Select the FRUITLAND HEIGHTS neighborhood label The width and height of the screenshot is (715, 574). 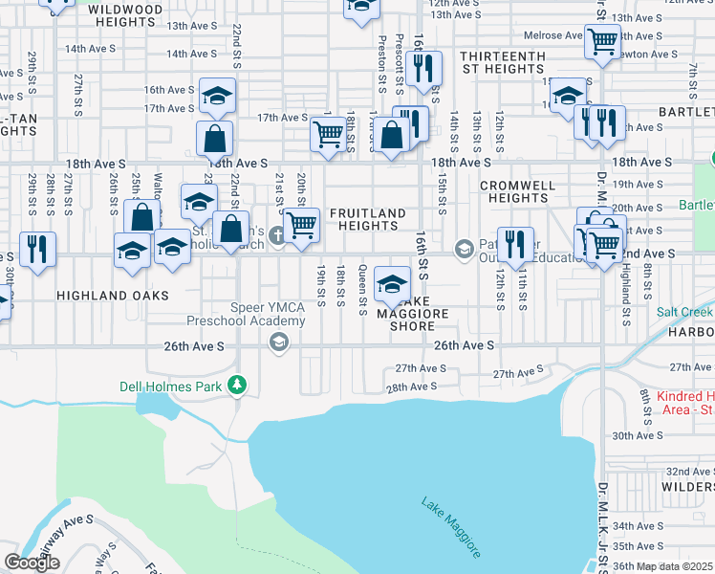tap(368, 219)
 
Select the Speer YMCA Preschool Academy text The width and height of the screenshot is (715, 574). tap(247, 315)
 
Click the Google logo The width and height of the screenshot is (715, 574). tap(32, 563)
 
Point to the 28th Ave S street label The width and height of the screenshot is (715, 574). tap(410, 386)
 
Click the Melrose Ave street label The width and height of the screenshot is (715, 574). tap(552, 35)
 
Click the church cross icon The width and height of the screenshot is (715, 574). tap(277, 235)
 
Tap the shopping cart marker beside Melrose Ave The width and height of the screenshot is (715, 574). tap(603, 41)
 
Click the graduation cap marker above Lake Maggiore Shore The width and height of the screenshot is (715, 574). tap(391, 283)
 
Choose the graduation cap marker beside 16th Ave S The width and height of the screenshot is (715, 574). tap(217, 96)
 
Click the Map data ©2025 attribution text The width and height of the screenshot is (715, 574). tap(673, 566)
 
